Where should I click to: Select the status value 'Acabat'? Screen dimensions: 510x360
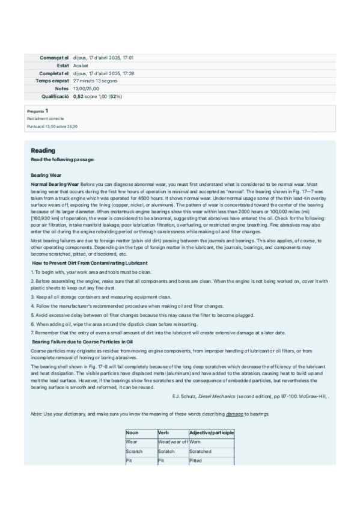(x=81, y=65)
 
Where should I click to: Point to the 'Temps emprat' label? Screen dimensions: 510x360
(x=52, y=81)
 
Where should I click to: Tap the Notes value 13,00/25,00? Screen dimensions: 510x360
(x=86, y=88)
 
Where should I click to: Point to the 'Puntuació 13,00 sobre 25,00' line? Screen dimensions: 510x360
(x=52, y=127)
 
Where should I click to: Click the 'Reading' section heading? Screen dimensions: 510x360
(x=43, y=150)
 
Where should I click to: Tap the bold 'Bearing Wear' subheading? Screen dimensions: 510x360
(x=46, y=175)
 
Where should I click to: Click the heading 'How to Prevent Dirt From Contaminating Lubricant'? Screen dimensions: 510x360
(x=90, y=263)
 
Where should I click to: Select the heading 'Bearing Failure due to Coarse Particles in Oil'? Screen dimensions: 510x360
(x=82, y=342)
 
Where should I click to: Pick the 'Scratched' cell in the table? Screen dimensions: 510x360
(x=200, y=451)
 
